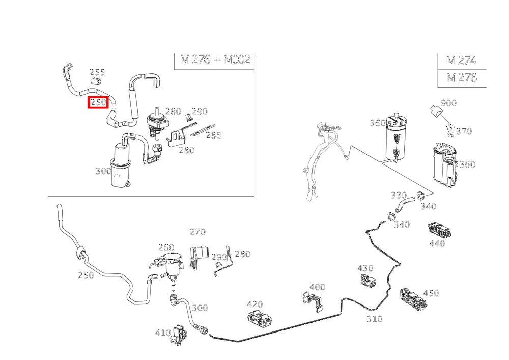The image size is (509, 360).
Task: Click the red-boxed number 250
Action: (98, 102)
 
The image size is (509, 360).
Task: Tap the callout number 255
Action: (97, 72)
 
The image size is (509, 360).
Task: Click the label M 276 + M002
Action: (215, 60)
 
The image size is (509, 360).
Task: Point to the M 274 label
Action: (461, 61)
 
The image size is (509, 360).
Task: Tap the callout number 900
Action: (448, 103)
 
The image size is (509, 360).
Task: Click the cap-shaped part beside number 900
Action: (436, 110)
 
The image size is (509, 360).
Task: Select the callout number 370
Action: (464, 131)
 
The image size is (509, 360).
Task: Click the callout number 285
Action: (214, 135)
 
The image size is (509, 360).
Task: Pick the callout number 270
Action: (197, 232)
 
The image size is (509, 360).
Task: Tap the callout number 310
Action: (375, 319)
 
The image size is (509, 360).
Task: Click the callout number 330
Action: (399, 195)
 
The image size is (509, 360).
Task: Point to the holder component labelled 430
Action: (369, 281)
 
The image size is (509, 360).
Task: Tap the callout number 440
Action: (437, 243)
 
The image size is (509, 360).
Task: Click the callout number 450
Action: (431, 293)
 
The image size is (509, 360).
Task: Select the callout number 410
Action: (163, 333)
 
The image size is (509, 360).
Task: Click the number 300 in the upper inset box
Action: (103, 171)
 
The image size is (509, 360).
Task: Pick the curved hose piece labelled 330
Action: (404, 205)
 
